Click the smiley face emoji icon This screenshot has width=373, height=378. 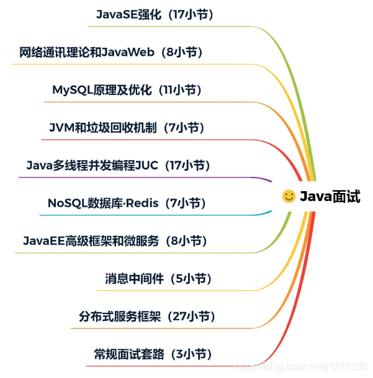289,197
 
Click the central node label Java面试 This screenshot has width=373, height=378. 330,197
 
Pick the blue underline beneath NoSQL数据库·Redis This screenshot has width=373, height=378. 155,215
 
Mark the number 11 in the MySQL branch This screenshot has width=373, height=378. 166,90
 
